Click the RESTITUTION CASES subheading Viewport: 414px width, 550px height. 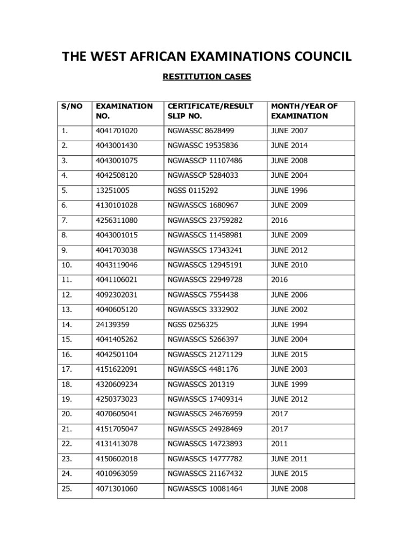coord(206,77)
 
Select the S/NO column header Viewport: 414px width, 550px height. coord(72,106)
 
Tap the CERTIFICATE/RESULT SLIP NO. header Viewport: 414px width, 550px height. coord(210,111)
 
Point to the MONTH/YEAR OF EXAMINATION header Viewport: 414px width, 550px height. coord(304,111)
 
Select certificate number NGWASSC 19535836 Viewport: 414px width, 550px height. coord(203,146)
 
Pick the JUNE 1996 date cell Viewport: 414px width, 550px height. coord(289,190)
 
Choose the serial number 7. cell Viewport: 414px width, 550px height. coord(66,220)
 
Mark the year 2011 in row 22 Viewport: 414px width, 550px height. coord(280,444)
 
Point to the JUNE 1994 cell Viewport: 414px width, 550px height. coord(289,324)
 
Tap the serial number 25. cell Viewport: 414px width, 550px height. coord(68,489)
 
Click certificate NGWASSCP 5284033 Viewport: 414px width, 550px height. coord(203,175)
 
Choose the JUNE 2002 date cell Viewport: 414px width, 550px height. coord(289,309)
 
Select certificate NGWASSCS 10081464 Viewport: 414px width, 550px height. coord(205,489)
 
